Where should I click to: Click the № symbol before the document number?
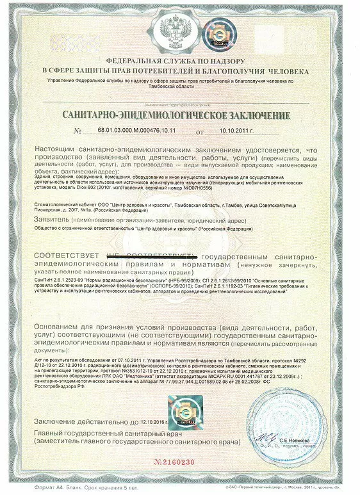[x=79, y=131]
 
